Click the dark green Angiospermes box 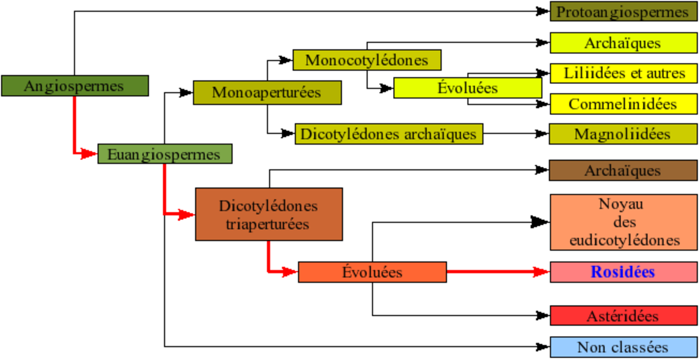(75, 86)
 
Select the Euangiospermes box (165, 154)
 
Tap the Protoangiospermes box (624, 11)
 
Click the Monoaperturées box (267, 93)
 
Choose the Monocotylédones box (367, 60)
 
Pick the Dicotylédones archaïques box (389, 134)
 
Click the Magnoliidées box (624, 134)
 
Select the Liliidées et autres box (624, 74)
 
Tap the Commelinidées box (624, 104)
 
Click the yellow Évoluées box (467, 88)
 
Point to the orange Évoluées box (373, 272)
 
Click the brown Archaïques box (624, 170)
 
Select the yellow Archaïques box (624, 43)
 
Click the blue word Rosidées (622, 271)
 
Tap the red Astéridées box (624, 316)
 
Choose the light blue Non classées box (624, 347)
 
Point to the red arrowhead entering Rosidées (541, 271)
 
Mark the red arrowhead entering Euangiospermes (89, 153)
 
